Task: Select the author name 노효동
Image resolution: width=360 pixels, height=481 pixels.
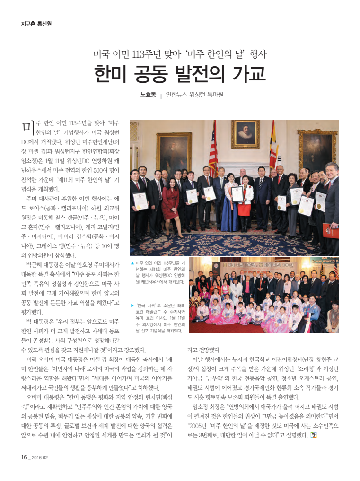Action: coord(148,95)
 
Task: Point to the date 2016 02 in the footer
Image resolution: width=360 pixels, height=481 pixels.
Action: coord(40,457)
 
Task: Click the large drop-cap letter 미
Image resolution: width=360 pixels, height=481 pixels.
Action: coord(27,127)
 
